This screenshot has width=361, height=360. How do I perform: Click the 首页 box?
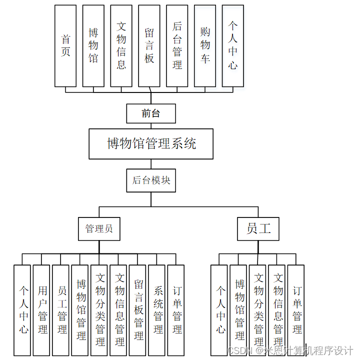[65, 45]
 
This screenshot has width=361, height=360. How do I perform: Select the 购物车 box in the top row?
[205, 45]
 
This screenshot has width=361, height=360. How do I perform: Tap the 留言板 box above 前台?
[149, 45]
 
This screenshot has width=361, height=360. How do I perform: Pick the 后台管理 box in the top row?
[177, 45]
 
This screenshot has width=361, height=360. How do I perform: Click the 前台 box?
[151, 113]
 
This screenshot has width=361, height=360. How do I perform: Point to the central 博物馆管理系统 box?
[151, 144]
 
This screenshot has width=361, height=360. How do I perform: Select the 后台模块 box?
[151, 180]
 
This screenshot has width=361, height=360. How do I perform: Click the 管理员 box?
[99, 229]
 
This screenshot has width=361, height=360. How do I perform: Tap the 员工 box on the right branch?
[258, 229]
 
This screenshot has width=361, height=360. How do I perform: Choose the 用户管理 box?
[42, 310]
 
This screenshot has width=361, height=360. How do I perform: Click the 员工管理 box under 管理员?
[61, 310]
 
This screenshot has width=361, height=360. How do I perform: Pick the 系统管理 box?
[158, 310]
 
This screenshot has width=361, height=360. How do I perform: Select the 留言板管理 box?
[138, 310]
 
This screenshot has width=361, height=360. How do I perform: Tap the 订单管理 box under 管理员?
[177, 310]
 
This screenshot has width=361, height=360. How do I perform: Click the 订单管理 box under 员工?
[296, 310]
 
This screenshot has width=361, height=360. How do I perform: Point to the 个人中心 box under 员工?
[220, 310]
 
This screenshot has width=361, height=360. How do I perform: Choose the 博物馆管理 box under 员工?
[239, 310]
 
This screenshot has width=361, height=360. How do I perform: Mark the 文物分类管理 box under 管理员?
[100, 310]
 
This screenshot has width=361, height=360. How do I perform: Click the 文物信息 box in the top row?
[121, 45]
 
